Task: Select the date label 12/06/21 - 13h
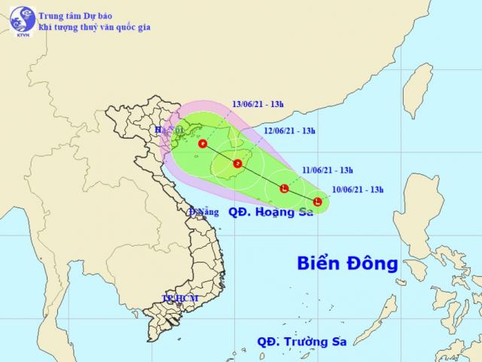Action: point(290,131)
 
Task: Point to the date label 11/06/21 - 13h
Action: point(332,170)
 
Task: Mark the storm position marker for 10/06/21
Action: point(318,201)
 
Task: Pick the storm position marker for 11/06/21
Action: point(283,188)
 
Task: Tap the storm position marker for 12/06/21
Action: point(237,163)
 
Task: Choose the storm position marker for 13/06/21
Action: point(202,143)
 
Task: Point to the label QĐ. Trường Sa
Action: point(298,341)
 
